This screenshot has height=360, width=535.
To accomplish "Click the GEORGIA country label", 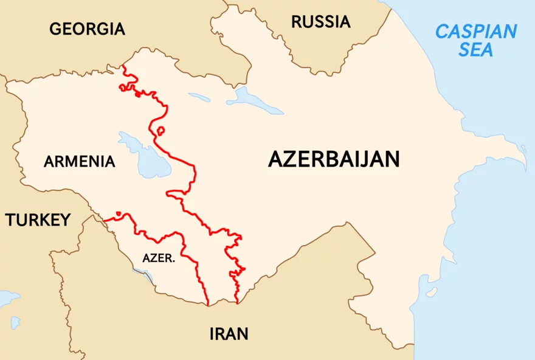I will click(87, 29).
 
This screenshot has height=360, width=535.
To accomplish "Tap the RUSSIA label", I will click(320, 22).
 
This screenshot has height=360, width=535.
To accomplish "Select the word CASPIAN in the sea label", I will click(476, 31).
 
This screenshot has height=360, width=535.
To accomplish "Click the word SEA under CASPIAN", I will click(476, 50).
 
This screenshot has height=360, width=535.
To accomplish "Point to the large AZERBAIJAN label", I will click(334, 159).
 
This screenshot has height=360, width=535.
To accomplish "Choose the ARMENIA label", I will click(79, 162).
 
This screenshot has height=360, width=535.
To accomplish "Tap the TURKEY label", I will click(38, 220).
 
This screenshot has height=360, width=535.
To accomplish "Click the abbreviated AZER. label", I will click(159, 258).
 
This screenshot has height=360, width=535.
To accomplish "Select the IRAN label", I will click(229, 334).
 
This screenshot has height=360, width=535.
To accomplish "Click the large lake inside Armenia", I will click(141, 156).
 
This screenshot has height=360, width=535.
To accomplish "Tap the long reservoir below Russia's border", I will click(255, 101).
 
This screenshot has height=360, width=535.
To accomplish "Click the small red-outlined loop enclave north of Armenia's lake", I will click(160, 130).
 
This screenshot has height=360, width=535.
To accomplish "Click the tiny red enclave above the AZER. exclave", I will click(119, 213).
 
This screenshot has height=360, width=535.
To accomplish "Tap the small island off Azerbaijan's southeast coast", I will click(432, 292).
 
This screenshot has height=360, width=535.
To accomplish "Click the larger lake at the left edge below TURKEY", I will click(7, 298).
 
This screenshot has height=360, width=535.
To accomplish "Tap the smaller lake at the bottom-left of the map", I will click(15, 322).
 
